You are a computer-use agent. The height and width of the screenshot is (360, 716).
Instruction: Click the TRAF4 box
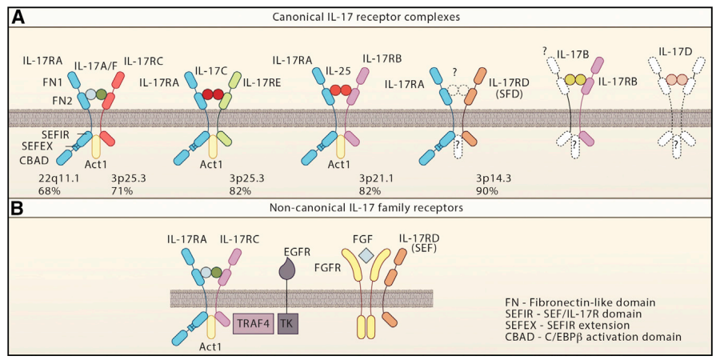(254, 324)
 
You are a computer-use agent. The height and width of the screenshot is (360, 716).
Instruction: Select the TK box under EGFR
(288, 324)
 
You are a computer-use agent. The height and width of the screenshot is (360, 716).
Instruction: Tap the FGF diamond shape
(365, 256)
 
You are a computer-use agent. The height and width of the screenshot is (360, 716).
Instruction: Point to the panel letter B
(18, 208)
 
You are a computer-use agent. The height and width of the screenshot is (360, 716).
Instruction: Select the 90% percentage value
(486, 191)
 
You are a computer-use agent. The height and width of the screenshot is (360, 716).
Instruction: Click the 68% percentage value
(50, 191)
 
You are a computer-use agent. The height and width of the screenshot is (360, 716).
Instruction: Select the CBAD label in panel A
(33, 161)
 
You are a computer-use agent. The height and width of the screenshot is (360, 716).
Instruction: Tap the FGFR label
(327, 267)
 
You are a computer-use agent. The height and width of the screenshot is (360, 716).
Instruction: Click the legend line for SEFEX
(567, 326)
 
